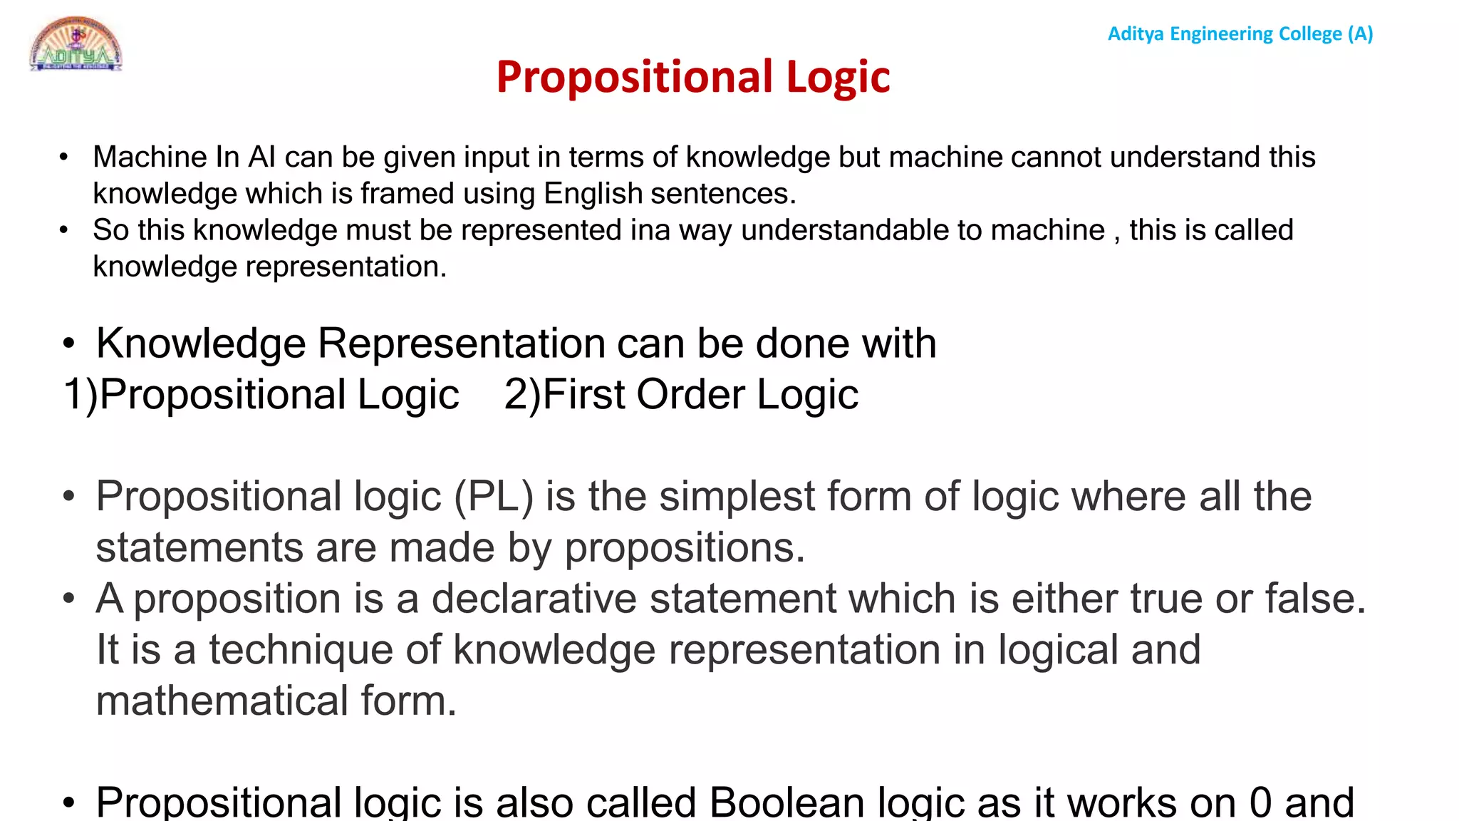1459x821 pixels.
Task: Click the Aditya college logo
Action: (x=76, y=43)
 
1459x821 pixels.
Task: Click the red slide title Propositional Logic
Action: (x=692, y=77)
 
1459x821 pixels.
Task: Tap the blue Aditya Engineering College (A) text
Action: (x=1240, y=33)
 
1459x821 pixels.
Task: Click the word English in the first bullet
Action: (x=593, y=193)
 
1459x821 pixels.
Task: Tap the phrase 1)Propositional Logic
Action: (x=261, y=395)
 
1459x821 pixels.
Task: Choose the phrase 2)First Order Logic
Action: (x=680, y=395)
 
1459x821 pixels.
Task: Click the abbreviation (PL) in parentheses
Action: (x=494, y=496)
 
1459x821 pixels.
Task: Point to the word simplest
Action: (x=737, y=496)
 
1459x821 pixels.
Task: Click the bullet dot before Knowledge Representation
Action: (x=68, y=344)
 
